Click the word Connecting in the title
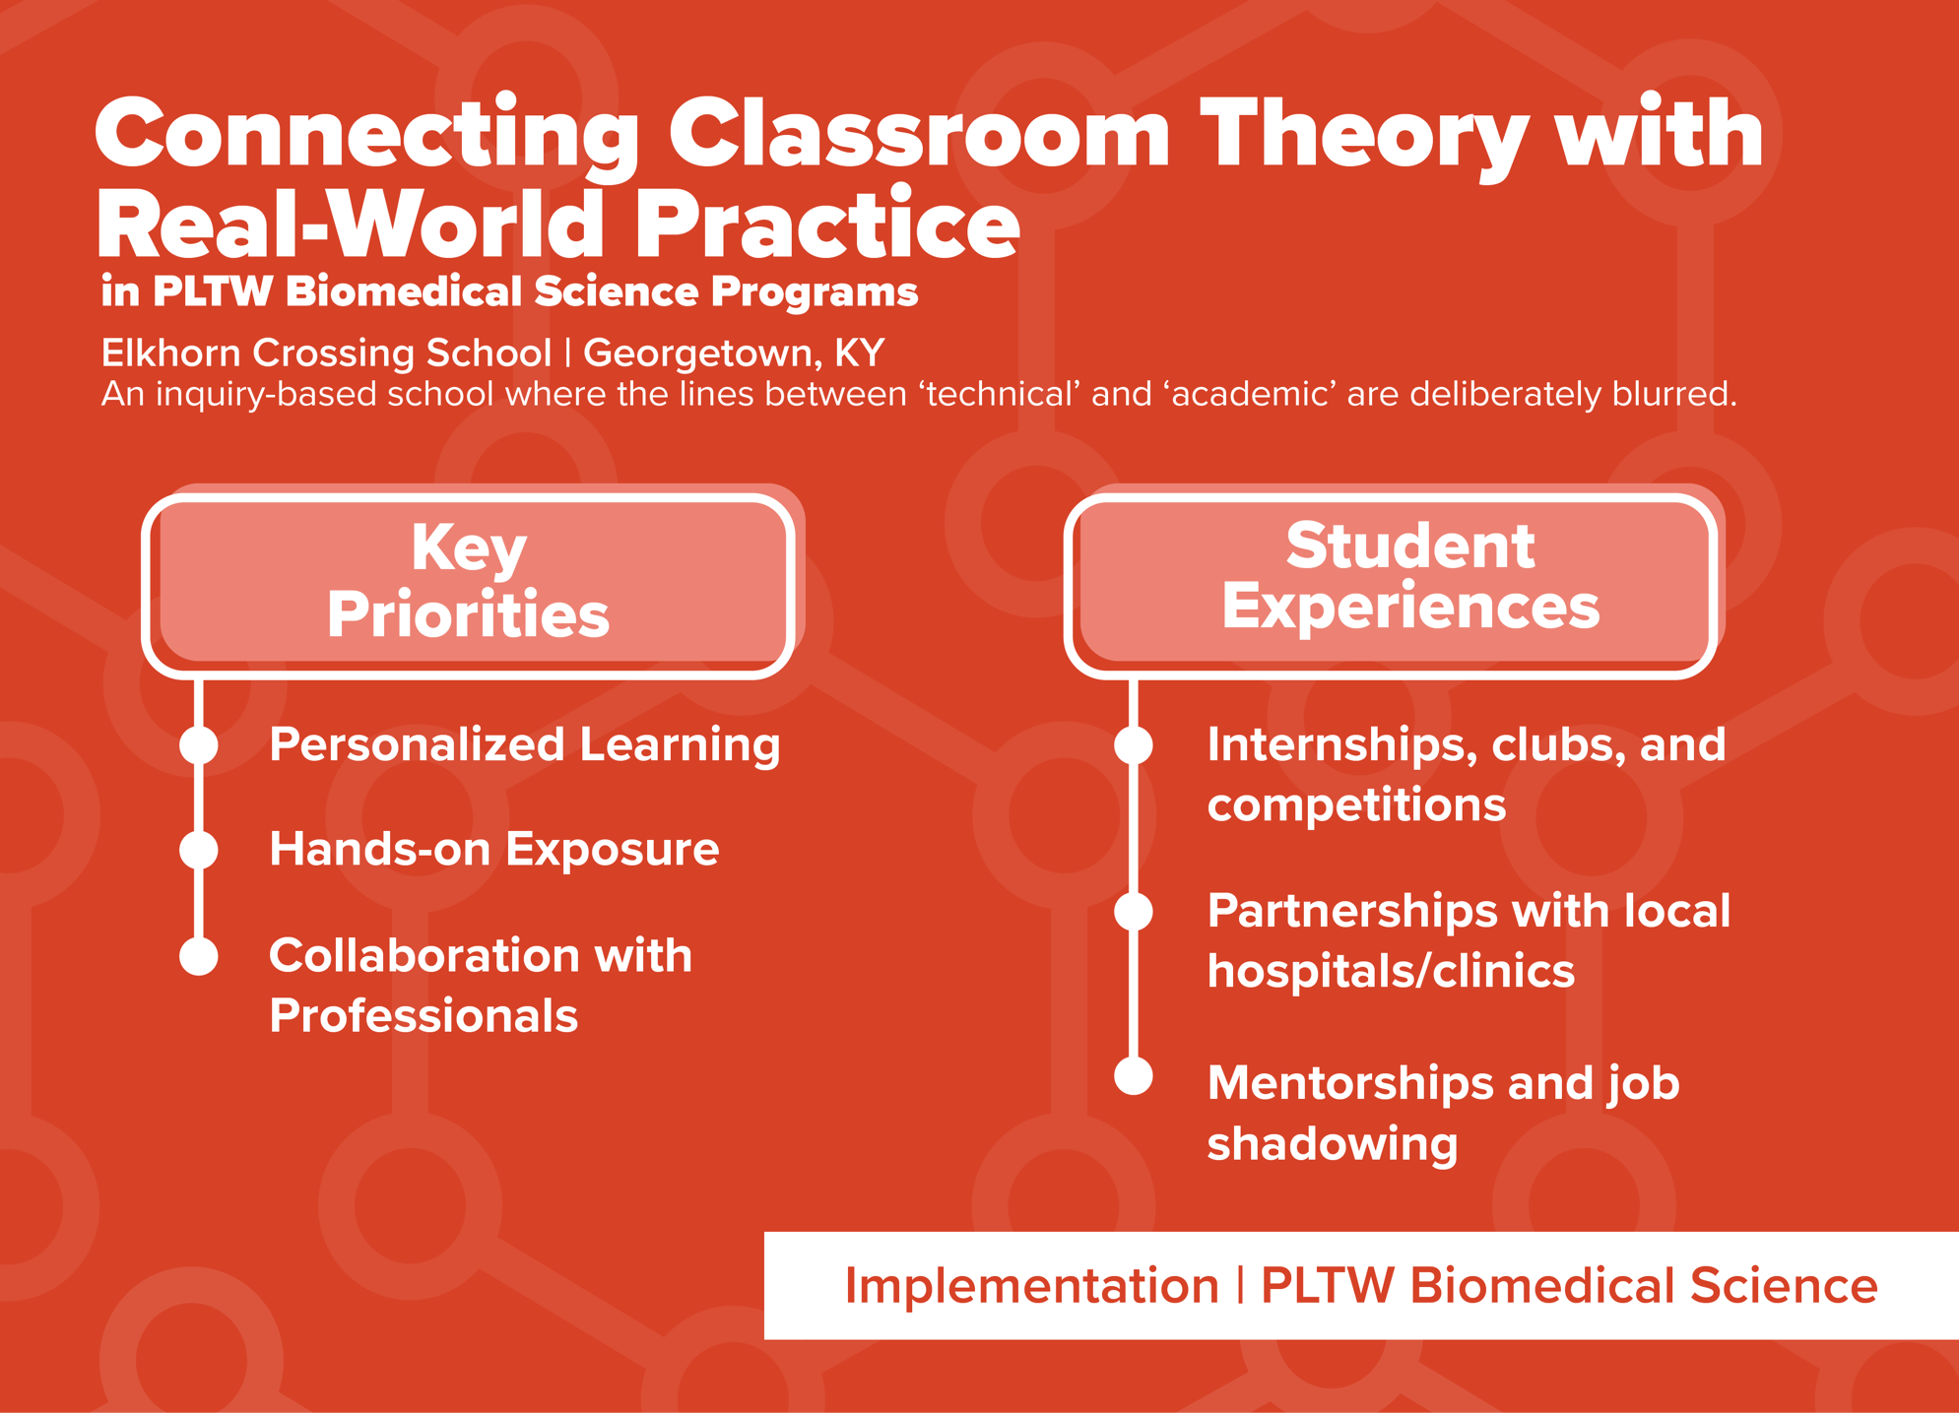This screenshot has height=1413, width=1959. point(366,136)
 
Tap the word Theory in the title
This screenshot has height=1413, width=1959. point(1363,136)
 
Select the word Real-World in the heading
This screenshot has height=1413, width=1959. point(350,225)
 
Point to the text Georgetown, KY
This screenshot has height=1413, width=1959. point(734,353)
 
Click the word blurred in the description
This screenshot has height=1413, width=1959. point(1673,394)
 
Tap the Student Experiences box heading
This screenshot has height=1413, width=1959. point(1409,577)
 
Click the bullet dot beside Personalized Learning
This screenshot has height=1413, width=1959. point(199,745)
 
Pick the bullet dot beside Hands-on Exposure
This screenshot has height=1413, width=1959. point(199,850)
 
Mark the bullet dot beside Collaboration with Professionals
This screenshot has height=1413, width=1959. point(199,956)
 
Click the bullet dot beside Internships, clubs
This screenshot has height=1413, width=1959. point(1134,745)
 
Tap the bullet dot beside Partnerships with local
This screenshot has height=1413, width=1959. point(1134,912)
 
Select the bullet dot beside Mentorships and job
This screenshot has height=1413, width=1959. point(1134,1076)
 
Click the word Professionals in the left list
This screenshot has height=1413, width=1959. point(424,1016)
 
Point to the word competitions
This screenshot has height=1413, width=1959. point(1356,805)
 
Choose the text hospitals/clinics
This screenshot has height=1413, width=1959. point(1391,972)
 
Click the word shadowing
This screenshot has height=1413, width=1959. point(1332,1144)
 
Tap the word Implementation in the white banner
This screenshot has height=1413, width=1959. point(1031,1286)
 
